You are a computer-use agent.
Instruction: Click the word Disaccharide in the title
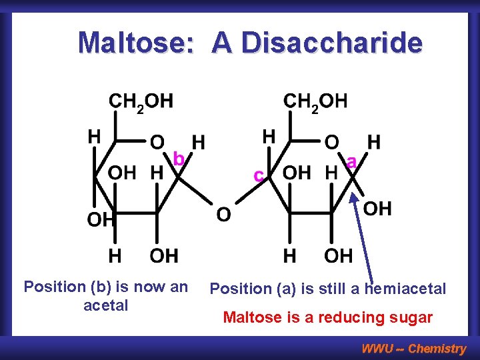[x=331, y=43]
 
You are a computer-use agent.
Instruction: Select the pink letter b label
[x=179, y=159]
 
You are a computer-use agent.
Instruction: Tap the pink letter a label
[x=351, y=161]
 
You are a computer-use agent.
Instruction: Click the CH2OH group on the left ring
[x=141, y=102]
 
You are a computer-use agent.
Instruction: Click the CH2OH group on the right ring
[x=315, y=102]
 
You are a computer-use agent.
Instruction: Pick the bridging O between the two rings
[x=224, y=215]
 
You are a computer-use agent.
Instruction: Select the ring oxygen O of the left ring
[x=157, y=143]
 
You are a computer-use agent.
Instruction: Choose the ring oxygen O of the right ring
[x=331, y=143]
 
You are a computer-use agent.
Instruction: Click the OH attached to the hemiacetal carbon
[x=377, y=209]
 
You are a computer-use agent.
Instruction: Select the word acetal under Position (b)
[x=105, y=305]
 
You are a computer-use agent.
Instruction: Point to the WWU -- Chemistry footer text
[x=413, y=348]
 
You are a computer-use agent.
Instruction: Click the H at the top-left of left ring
[x=95, y=137]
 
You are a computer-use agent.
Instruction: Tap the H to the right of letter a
[x=374, y=142]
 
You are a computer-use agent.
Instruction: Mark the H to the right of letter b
[x=198, y=142]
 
